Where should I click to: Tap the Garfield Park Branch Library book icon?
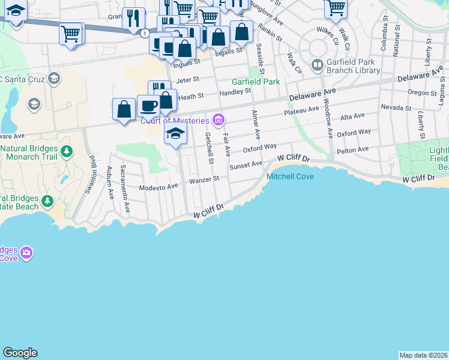(x=318, y=64)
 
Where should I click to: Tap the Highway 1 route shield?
(x=145, y=34)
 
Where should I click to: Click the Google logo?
(x=20, y=353)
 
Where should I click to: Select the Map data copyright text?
(x=423, y=355)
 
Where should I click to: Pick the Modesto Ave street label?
(x=158, y=187)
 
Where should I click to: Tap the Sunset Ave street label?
(x=246, y=164)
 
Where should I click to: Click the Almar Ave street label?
(x=256, y=125)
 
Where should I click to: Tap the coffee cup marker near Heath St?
(x=148, y=106)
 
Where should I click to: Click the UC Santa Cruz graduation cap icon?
(x=53, y=78)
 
